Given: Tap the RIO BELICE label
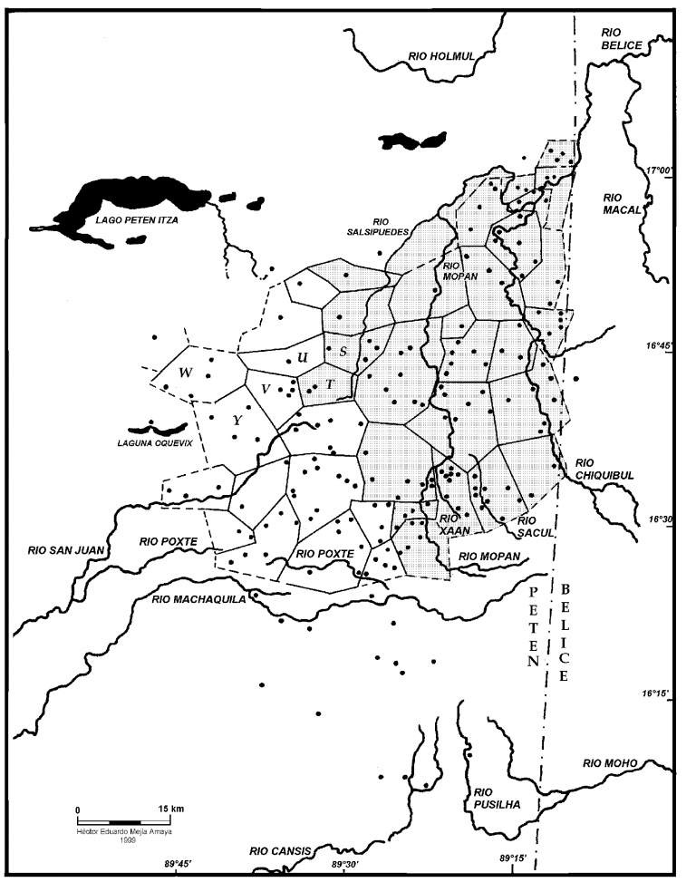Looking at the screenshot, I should click(x=621, y=38).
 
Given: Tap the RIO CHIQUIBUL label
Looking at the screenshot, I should click(x=602, y=467).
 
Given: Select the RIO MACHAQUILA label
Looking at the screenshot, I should click(x=198, y=598).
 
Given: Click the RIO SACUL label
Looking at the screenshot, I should click(x=535, y=527).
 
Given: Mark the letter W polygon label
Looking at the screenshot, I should click(x=185, y=373).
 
